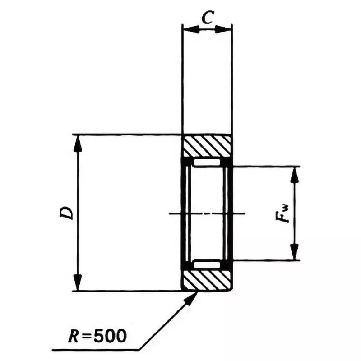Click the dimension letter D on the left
point(67,213)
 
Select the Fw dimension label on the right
point(283,213)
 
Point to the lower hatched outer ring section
point(207,280)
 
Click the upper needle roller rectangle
point(207,162)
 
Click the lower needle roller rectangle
point(207,264)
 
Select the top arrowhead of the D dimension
point(78,142)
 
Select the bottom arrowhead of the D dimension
point(78,283)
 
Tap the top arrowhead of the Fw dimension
point(294,174)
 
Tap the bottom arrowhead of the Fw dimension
point(294,253)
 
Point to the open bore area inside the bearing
point(207,194)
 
